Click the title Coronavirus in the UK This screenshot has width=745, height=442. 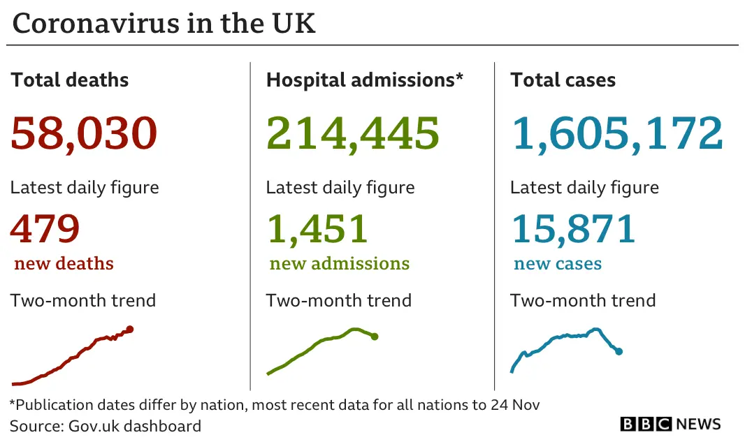coord(164,23)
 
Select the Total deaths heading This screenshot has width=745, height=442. coord(70,80)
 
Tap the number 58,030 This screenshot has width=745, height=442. coord(84,133)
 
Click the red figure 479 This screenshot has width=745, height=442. coord(45,228)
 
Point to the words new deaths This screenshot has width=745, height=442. coord(64,264)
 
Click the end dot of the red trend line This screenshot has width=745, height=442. coord(130,330)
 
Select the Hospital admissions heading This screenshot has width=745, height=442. coord(360,80)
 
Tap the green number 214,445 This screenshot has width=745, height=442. coord(353,133)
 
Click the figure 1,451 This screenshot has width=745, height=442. coord(317,228)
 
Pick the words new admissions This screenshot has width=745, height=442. coord(340,264)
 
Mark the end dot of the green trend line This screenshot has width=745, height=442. coord(375,337)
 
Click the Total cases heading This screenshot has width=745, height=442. coord(563,80)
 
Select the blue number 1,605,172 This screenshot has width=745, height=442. coord(617,133)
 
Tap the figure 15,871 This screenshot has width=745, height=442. coord(573,228)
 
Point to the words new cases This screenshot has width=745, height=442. coord(558,264)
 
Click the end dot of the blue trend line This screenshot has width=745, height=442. coord(619,351)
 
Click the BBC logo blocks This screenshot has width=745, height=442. coord(645,424)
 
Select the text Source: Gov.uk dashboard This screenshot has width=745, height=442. coord(106,426)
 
